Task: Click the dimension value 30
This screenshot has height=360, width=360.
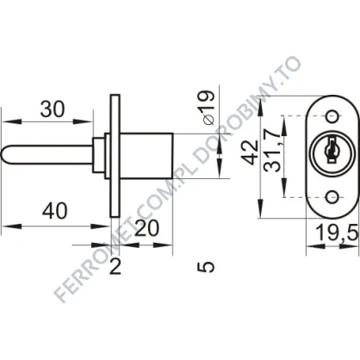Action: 53,109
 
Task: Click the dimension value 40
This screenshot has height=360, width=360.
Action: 54,211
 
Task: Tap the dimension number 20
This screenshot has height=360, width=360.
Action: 146,228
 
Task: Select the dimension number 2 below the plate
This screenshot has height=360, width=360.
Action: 115,267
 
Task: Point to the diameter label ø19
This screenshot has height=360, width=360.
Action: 208,108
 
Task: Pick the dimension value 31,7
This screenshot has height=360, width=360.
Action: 273,153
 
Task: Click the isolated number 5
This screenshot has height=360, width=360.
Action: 206,267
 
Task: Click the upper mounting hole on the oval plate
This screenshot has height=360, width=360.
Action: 332,117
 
